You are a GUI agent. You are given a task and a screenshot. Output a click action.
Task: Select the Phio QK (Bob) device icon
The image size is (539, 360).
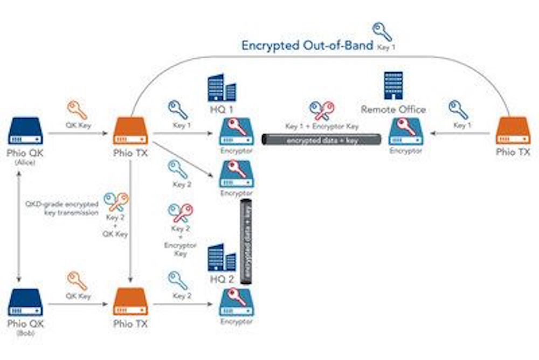(x=25, y=303)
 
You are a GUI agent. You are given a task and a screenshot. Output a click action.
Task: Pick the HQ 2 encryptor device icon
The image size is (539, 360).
(x=236, y=303)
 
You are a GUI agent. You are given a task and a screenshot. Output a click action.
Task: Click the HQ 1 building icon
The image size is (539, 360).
(x=222, y=88)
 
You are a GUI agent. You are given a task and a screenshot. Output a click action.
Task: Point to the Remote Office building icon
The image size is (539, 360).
(x=393, y=86)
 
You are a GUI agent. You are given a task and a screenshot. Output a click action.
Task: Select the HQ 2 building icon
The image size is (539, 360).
(x=222, y=257)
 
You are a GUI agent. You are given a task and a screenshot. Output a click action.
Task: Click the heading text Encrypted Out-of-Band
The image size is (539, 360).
(x=307, y=45)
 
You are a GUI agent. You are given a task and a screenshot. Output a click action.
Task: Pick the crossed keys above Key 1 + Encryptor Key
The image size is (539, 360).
(x=322, y=110)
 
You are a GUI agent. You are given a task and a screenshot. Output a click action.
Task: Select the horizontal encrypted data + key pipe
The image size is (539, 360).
(x=321, y=140)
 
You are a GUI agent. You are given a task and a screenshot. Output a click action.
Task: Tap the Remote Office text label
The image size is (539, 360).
(x=393, y=109)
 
